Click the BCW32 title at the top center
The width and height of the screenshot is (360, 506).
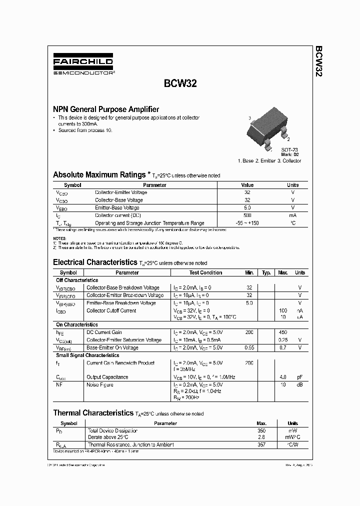pos(180,84)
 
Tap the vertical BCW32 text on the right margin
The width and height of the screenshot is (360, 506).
pos(318,61)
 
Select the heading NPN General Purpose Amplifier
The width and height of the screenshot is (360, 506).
pos(106,109)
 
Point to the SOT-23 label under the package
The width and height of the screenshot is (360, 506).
pos(289,150)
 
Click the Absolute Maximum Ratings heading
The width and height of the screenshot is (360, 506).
pos(99,175)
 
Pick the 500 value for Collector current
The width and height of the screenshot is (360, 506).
pos(247,215)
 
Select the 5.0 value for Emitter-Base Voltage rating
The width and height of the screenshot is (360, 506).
pos(247,207)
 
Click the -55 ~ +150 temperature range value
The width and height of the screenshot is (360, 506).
pos(247,223)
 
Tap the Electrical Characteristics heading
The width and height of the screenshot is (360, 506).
pos(94,262)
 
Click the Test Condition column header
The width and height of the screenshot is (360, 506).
pos(205,272)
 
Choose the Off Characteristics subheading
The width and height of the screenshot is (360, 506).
pos(76,280)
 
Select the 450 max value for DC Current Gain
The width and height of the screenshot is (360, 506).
pos(282,332)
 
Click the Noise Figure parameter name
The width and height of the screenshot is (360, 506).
pos(100,385)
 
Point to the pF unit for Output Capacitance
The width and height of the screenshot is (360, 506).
pos(299,377)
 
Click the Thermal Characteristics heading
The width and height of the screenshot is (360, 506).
pos(93,413)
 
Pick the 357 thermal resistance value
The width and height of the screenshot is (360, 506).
pos(261,444)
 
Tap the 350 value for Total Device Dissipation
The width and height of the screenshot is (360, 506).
pos(261,430)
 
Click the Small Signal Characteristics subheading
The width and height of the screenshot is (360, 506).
pos(87,355)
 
